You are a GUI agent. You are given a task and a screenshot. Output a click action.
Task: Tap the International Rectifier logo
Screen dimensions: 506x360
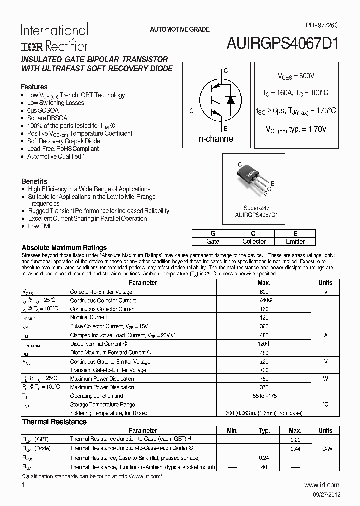pos(54,37)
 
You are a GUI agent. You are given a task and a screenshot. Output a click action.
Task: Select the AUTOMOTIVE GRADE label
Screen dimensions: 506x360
pos(180,30)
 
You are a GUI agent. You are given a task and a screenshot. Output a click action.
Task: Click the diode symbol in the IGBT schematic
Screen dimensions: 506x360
pos(230,100)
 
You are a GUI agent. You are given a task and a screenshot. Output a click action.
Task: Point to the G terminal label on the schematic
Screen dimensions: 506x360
pos(191,111)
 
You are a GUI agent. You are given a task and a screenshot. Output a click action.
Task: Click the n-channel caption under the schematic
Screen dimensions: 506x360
pos(217,139)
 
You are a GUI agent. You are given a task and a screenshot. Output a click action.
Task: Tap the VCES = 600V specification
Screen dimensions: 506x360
pos(296,76)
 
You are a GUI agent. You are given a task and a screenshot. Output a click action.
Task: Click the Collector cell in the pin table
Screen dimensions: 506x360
pos(254,241)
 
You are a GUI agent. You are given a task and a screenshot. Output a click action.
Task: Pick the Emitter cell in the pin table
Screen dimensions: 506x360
pos(295,241)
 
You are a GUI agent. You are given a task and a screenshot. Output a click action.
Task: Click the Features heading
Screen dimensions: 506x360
pos(34,87)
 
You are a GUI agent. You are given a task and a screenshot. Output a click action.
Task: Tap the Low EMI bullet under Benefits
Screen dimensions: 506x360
pos(39,226)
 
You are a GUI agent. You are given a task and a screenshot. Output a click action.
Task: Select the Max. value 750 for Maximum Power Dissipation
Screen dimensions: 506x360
pos(264,379)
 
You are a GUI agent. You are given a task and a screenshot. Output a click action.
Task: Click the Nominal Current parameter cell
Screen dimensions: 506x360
pos(88,317)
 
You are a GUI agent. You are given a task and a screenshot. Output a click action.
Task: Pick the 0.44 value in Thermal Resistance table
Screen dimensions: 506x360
pos(295,449)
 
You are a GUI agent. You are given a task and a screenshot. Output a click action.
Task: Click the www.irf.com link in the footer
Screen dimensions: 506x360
pos(322,485)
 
